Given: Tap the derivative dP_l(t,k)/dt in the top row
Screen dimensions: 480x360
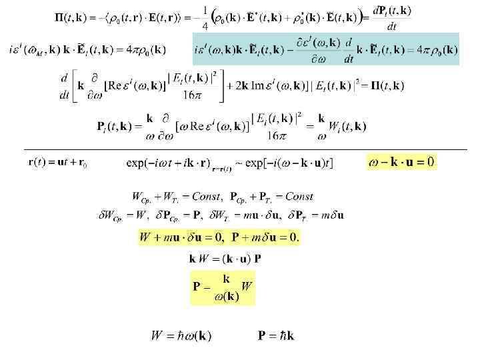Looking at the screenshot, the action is pyautogui.click(x=392, y=18).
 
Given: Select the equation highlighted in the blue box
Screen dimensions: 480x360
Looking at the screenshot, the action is pyautogui.click(x=325, y=49).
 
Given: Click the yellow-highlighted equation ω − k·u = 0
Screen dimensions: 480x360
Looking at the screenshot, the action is pyautogui.click(x=401, y=162).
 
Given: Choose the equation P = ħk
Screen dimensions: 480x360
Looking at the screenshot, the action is pyautogui.click(x=276, y=335).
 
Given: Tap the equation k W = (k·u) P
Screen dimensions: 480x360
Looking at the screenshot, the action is pyautogui.click(x=225, y=259).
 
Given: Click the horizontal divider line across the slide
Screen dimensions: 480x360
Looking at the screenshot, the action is pyautogui.click(x=240, y=150).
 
